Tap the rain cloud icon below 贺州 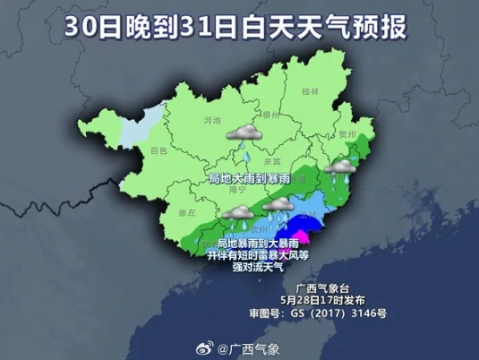click(339, 168)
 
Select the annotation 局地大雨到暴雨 click(244, 178)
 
